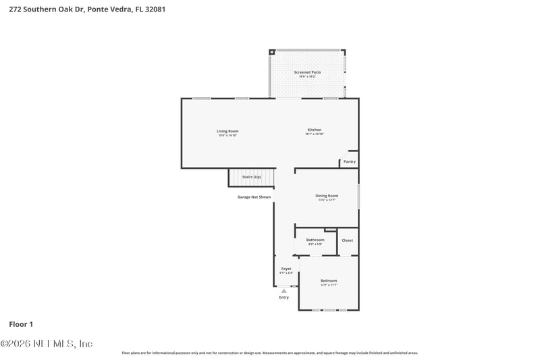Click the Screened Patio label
pos(307,72)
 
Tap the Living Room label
pos(227,131)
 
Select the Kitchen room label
pos(315,130)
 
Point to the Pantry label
pos(349,162)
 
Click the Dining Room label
pos(327,196)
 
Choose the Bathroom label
pos(315,240)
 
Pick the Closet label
pos(347,240)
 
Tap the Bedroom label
pos(329,280)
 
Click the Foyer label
pos(286,269)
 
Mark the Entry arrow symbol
pos(283,291)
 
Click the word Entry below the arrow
pos(283,298)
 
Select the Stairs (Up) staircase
pos(252,178)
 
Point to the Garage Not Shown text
pos(254,197)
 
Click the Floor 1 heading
pos(20,325)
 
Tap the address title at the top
pos(83,9)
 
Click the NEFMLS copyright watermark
pos(47,344)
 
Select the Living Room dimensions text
pos(227,136)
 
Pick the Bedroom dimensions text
pos(329,285)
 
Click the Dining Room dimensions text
pos(327,200)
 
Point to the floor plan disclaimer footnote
pos(269,353)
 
